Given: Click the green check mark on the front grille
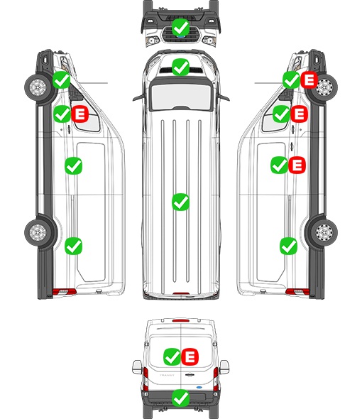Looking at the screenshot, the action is [x=180, y=27].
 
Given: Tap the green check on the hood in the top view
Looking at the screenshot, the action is [x=180, y=67].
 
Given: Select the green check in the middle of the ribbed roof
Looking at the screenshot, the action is [x=180, y=202].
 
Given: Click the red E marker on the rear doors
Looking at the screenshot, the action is [x=190, y=357].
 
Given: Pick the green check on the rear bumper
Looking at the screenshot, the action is [x=180, y=398].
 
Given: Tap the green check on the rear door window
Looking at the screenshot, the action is [x=172, y=357].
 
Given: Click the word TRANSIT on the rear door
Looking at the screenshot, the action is [x=167, y=375].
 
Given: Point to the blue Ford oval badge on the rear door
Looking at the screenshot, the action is [x=199, y=387].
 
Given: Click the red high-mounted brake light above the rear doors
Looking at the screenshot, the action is [x=181, y=320].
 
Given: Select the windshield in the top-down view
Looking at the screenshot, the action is [x=181, y=96].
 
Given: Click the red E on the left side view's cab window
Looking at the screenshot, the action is [x=80, y=114].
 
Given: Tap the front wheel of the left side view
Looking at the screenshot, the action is [x=38, y=87].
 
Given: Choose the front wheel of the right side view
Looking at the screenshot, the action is [x=324, y=87].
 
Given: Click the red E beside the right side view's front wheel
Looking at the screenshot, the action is [x=309, y=80].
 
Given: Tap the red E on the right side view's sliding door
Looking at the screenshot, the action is [x=297, y=165].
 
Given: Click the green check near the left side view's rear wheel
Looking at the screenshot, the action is [x=74, y=246].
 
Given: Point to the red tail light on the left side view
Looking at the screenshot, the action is [x=64, y=292].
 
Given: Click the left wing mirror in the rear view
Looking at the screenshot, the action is [x=137, y=367].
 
